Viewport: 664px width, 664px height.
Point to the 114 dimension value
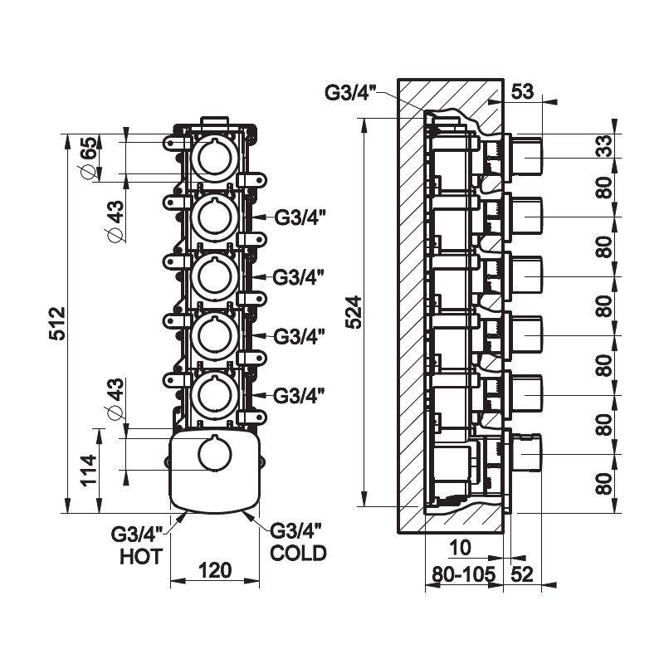90,470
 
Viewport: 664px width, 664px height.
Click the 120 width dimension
215,570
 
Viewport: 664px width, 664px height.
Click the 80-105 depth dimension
463,573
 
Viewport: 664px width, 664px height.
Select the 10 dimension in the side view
462,548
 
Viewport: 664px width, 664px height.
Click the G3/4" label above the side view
350,91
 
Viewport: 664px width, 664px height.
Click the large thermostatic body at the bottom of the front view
215,469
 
